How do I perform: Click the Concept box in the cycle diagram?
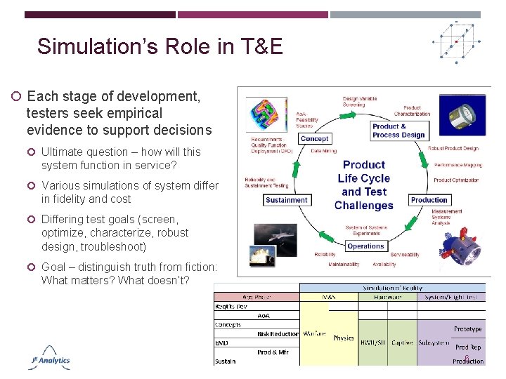pos(314,138)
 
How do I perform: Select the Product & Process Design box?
pos(398,131)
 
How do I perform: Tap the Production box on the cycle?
pos(429,200)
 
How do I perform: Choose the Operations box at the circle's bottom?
pos(365,246)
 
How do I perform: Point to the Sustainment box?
pos(287,200)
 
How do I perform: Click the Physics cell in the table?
pos(344,338)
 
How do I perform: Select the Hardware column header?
pos(388,297)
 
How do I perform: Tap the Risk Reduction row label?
pos(277,334)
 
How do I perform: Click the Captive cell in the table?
pos(402,343)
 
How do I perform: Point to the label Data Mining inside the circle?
pos(323,151)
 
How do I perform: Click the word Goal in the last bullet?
pos(53,267)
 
